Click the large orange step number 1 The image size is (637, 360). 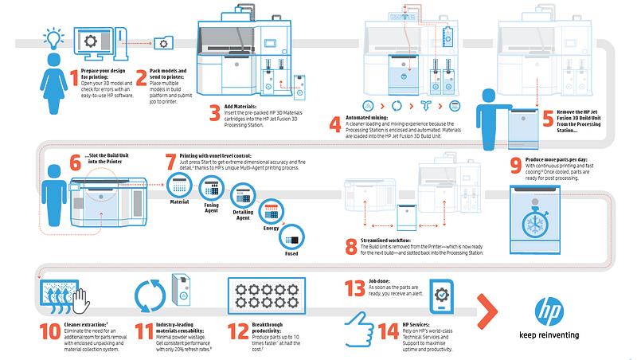pos(74,79)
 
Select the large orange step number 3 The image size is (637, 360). pos(214,112)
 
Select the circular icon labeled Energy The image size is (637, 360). pos(270,212)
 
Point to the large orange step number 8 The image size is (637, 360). pos(350,246)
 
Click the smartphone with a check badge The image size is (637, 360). pos(440,298)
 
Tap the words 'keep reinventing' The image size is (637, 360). pos(548,335)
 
